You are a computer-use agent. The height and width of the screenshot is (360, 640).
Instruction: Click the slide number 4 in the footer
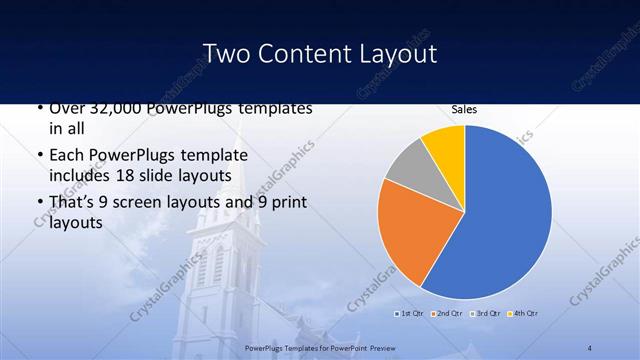click(590, 347)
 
